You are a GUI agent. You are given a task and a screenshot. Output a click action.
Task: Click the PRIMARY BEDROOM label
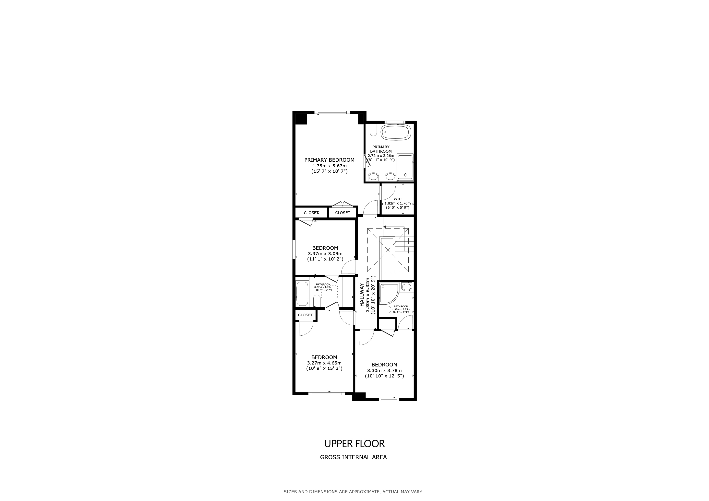coord(329,160)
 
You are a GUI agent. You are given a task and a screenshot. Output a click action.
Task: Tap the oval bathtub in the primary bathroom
coord(396,132)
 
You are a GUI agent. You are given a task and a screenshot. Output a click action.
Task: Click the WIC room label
coord(398,199)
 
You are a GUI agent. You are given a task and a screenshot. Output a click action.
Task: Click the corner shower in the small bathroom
coord(389,293)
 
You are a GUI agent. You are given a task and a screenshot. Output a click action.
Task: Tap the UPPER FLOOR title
coord(354,444)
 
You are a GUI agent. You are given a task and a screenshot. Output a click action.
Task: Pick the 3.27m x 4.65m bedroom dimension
coord(324,363)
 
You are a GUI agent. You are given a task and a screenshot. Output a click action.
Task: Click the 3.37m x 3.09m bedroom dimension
coord(325,254)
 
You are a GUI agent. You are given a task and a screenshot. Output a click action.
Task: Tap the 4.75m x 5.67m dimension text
coord(329,166)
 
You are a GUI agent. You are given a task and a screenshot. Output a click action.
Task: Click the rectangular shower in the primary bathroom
coord(405,167)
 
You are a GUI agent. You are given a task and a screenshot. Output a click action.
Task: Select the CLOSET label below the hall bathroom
coord(305,315)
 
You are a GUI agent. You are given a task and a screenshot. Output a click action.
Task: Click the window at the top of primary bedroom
coord(332,112)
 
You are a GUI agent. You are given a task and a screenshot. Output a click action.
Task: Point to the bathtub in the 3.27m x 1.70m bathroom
coord(302,294)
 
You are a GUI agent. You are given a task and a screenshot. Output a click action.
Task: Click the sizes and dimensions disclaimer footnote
coord(353,492)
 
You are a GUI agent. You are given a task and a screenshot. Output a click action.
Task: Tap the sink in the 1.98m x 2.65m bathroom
coord(407,287)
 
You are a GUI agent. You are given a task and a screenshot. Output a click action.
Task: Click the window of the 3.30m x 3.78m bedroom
coord(389,399)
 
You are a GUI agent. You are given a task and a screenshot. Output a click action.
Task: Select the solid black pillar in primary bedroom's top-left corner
coord(301,119)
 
